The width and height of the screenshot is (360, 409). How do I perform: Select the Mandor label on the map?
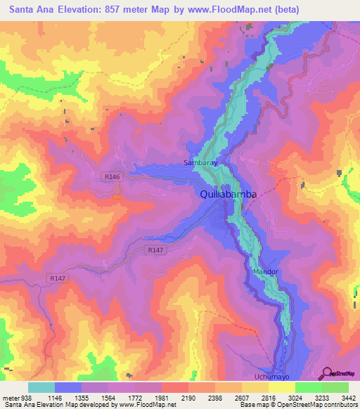(x=266, y=271)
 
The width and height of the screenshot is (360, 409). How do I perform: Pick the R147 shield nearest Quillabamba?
(x=155, y=249)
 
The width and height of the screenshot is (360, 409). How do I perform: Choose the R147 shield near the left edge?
(x=58, y=279)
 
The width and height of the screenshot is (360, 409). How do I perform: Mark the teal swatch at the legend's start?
(x=41, y=387)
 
